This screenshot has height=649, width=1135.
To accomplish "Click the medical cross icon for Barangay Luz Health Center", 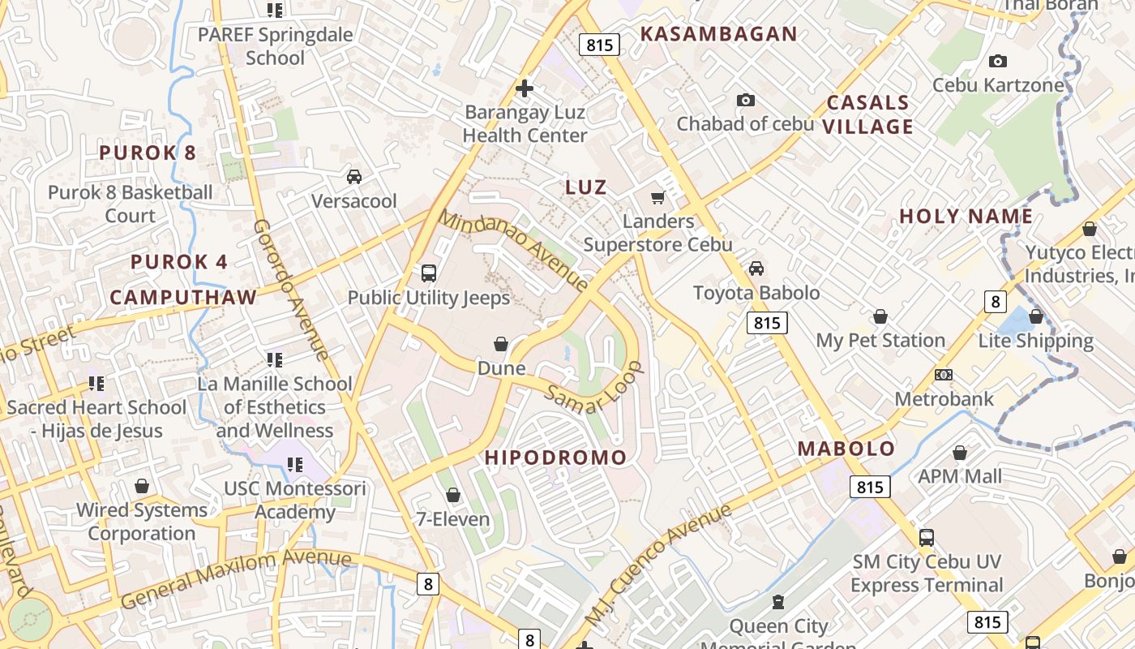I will coord(525,88).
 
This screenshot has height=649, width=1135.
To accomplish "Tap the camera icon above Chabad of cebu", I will coord(745,100).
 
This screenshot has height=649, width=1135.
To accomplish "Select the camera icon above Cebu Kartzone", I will coord(998,61).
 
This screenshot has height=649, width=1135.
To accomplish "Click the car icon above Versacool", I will coord(354,176).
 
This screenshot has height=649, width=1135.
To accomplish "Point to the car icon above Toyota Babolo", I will coord(756,268).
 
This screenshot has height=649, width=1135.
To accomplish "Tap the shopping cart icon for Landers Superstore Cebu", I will coord(658,197).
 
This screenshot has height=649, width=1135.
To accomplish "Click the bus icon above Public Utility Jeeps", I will coord(429,273).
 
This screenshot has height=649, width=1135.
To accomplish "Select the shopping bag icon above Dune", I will coord(501,344).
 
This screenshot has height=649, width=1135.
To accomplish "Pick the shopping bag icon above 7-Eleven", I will coord(453,495).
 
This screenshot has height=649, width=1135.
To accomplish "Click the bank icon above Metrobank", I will coord(944,375).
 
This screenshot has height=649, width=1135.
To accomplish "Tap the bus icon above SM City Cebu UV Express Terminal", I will coord(926,537).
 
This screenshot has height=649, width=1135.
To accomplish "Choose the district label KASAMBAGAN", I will coord(719,34).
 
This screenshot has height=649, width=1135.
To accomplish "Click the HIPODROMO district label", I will coord(555,458).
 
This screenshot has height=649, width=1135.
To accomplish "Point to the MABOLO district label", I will coord(846,449).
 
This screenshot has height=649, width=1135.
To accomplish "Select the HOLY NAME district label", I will coord(966,217).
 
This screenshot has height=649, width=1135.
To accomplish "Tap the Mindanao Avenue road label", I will coord(513,251).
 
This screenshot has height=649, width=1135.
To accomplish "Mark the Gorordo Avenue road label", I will coord(291,290).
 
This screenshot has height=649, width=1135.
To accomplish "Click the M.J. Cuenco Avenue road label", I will coord(657,565).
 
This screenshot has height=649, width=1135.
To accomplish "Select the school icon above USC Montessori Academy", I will coord(295,465).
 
